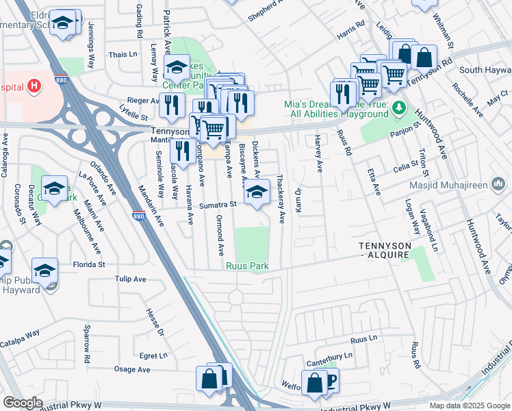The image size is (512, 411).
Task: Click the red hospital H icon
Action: [x=33, y=86]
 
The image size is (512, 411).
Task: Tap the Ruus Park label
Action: [x=247, y=266]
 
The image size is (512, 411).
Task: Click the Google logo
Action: [x=23, y=403]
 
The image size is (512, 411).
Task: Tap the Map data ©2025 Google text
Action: [x=470, y=406]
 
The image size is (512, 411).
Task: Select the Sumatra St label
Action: [x=218, y=204]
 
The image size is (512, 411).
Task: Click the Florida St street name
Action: [x=90, y=264]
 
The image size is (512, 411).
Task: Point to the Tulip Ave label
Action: [x=130, y=279]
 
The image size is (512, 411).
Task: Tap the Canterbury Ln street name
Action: [x=330, y=356]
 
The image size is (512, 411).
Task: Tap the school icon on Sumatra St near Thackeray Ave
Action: [x=257, y=192]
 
